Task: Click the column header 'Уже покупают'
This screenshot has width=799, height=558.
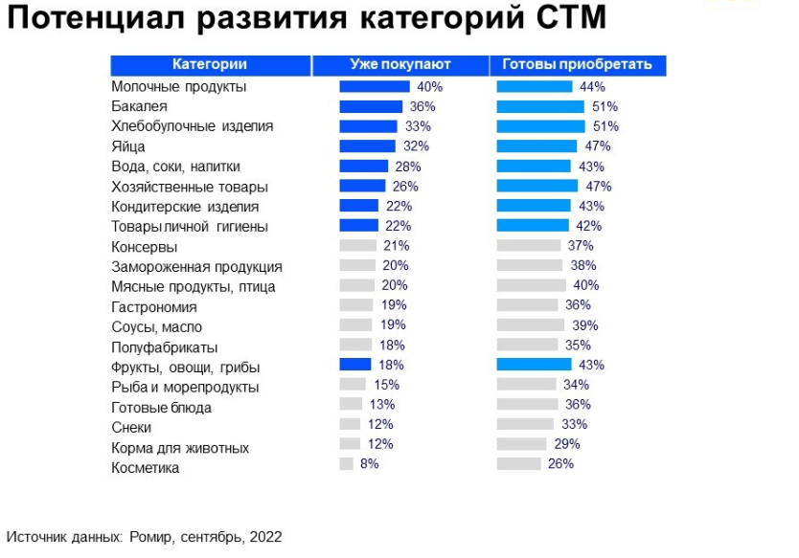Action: [399, 65]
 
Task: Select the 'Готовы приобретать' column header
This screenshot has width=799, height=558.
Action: [577, 65]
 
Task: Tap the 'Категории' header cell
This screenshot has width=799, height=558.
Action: [210, 65]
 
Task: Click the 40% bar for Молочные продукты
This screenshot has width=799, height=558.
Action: [375, 86]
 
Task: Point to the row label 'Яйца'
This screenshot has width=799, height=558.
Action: [128, 146]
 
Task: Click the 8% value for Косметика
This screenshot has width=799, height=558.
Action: [369, 463]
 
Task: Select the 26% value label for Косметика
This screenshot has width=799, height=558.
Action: [560, 463]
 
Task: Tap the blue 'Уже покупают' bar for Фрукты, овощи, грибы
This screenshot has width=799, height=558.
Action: [354, 364]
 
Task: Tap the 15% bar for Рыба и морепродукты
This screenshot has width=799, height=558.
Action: [351, 384]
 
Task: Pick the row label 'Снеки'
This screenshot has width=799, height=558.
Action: [131, 428]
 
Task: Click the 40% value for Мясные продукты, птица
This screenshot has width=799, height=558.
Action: [585, 285]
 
